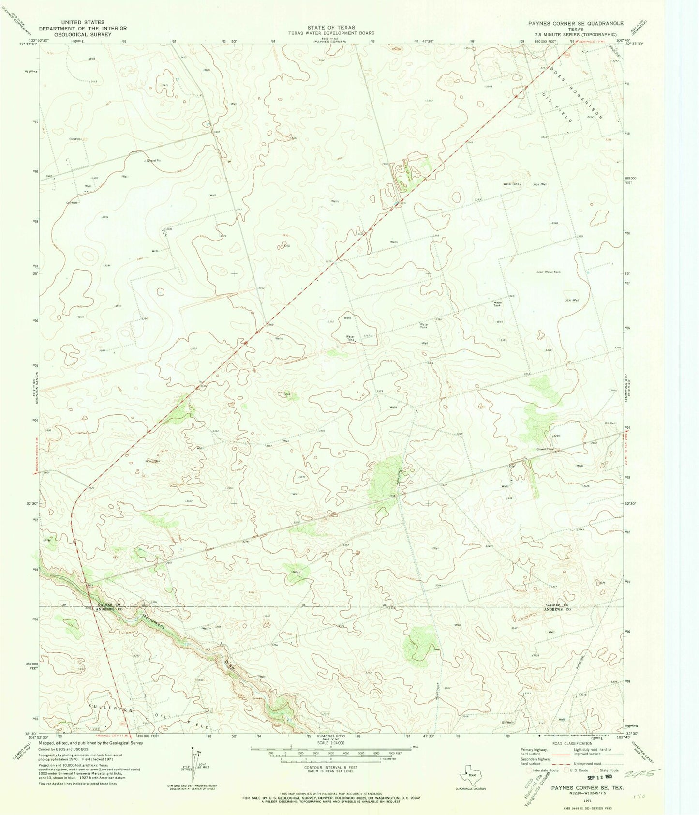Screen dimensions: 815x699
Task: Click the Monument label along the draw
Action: click(x=154, y=621)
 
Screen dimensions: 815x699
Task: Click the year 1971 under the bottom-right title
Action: click(x=574, y=800)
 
